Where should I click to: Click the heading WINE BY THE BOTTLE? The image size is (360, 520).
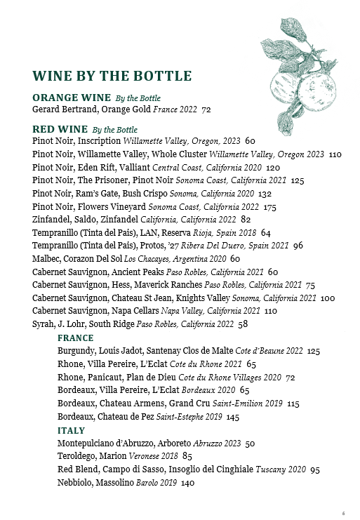click(112, 76)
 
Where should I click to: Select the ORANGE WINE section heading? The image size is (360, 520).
click(72, 97)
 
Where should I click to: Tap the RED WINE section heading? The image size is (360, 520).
click(60, 129)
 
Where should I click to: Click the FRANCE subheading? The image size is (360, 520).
click(75, 338)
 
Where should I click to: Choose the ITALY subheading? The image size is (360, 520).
click(71, 430)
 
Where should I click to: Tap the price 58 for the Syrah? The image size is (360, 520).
click(244, 325)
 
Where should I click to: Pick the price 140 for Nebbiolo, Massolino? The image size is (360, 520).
click(187, 483)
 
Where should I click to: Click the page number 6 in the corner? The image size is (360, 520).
click(344, 512)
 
